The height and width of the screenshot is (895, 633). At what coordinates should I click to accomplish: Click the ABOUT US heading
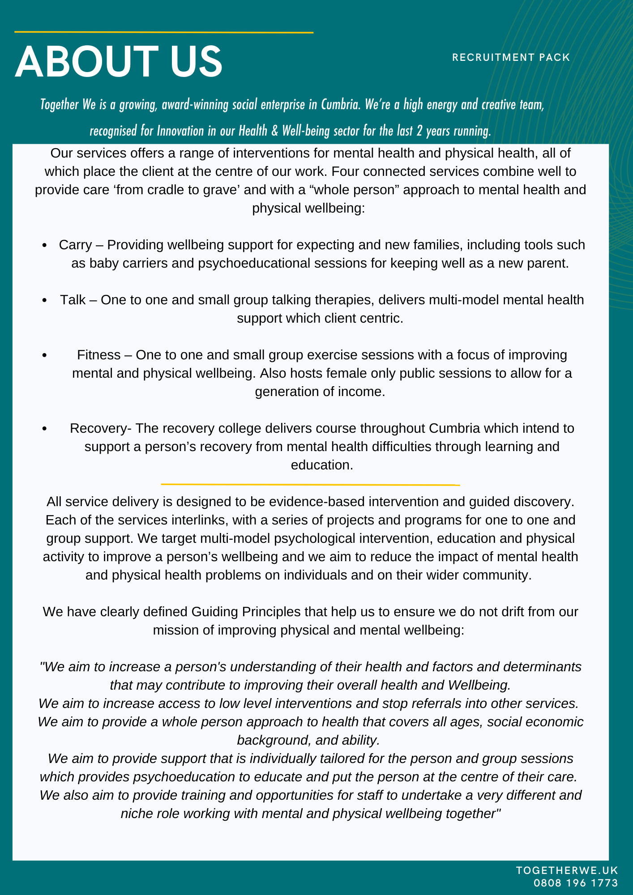(119, 62)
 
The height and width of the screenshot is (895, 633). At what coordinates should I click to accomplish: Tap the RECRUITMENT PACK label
(511, 57)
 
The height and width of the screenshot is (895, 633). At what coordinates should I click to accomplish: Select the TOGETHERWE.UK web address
(567, 870)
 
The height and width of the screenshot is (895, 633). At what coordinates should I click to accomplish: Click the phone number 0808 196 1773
(575, 883)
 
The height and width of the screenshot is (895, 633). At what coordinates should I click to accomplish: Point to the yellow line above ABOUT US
(163, 32)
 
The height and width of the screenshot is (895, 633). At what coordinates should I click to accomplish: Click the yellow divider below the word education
(310, 484)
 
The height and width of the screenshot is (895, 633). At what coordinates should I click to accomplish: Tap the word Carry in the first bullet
(75, 245)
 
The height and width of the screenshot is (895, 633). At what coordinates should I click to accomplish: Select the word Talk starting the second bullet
(73, 300)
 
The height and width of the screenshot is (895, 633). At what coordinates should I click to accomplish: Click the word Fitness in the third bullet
(98, 355)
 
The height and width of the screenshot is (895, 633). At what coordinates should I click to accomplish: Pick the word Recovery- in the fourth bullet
(100, 428)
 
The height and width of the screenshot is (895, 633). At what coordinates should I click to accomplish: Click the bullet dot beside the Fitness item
(44, 355)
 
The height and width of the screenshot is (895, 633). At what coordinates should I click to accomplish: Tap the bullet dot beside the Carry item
(44, 245)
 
